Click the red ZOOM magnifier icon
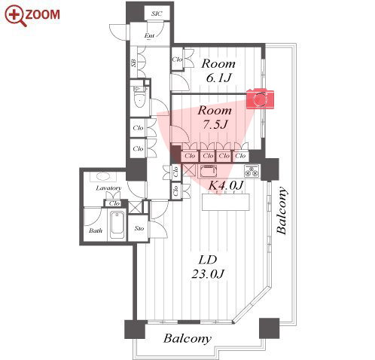click(15, 16)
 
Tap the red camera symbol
click(260, 99)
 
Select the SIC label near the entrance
click(157, 14)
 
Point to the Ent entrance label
click(149, 35)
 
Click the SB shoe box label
click(133, 63)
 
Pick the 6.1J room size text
click(218, 78)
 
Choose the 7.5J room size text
click(215, 124)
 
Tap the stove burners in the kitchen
click(252, 172)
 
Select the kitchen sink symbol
click(208, 171)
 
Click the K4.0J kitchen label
click(226, 185)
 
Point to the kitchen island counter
click(226, 202)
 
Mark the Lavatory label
click(108, 188)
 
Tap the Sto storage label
click(139, 228)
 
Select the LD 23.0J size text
click(208, 267)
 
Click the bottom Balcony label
click(187, 339)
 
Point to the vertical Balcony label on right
click(281, 210)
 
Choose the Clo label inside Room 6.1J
click(177, 59)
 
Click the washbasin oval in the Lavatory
click(103, 176)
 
